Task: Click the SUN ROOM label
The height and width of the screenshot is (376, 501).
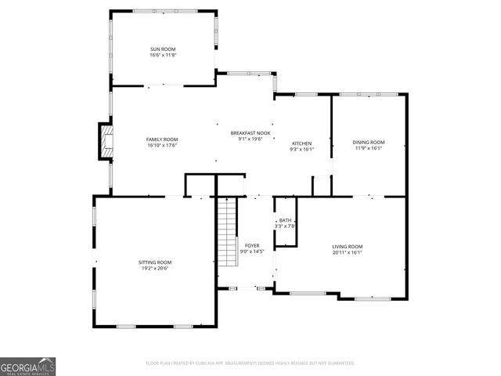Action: point(163,49)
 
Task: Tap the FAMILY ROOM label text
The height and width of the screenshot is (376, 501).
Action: point(162,139)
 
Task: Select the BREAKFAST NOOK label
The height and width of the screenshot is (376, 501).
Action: point(250,133)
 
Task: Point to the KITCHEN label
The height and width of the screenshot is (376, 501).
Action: point(302,143)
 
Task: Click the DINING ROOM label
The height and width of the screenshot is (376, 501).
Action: point(369,142)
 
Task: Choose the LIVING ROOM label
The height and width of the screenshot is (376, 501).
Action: point(348,247)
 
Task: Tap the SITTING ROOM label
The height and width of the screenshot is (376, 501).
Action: point(155,262)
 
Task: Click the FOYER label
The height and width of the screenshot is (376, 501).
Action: point(252,245)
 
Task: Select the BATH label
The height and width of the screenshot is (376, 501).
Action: point(285,220)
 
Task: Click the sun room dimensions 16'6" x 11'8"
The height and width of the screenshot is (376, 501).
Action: point(163,55)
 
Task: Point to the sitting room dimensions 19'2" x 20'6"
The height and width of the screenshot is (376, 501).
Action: point(155,268)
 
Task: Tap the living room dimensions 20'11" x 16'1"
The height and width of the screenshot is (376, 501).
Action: point(348,252)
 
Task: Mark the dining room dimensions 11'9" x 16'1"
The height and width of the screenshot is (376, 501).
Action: point(369,147)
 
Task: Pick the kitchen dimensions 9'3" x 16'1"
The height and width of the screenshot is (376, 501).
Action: point(302,149)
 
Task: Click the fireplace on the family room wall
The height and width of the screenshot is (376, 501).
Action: point(104,141)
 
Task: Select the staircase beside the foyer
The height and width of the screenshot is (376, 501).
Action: point(226,231)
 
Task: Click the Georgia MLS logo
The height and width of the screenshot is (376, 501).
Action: point(28,367)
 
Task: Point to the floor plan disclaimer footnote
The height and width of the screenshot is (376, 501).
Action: point(250,363)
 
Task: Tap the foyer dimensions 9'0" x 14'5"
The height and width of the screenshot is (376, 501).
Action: point(252,251)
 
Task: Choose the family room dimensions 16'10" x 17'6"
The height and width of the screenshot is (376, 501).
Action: point(162,145)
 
